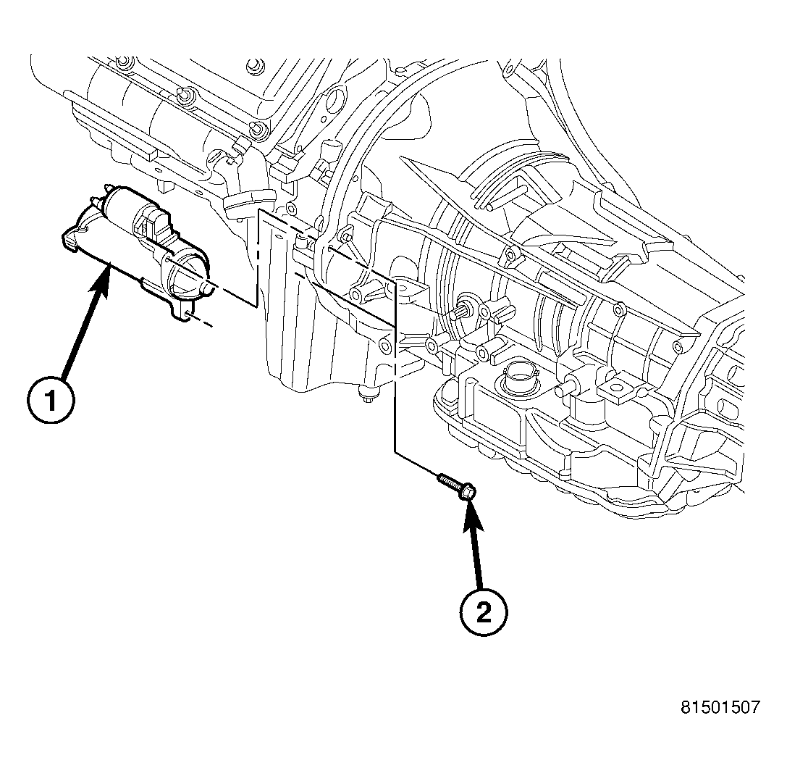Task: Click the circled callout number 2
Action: (x=483, y=614)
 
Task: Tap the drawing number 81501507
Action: (x=720, y=707)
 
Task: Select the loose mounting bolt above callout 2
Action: (x=456, y=485)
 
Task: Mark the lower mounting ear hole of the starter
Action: (x=187, y=313)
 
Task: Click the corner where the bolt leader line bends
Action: (x=395, y=452)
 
